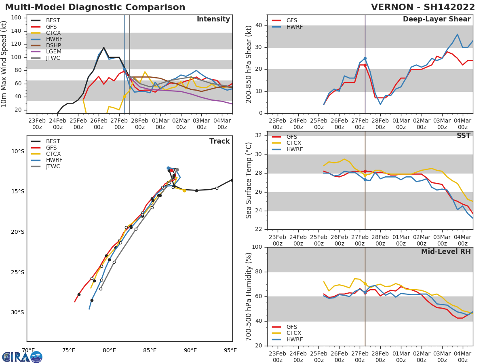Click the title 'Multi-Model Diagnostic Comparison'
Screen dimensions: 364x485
[95, 7]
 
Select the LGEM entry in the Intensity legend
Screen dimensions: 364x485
[53, 52]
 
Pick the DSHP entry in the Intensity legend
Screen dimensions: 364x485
[53, 45]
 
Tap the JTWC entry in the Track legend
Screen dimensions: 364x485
[53, 167]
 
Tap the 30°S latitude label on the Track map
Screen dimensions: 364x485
[17, 313]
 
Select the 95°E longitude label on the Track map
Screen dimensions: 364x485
[230, 350]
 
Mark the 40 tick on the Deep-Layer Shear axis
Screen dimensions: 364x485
[259, 25]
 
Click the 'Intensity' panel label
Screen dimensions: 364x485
[213, 19]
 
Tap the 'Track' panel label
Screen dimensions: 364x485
[219, 141]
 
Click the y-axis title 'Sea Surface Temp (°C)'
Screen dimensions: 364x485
[249, 180]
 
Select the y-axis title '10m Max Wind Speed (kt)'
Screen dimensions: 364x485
[4, 64]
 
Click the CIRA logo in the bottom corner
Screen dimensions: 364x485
[22, 357]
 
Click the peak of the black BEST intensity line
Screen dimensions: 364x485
[103, 48]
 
